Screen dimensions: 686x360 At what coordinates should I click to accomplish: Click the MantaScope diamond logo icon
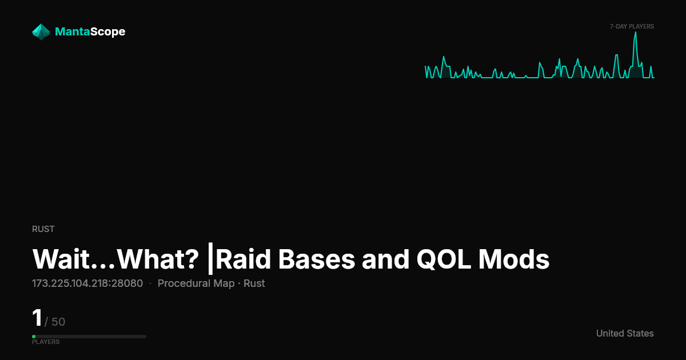41,32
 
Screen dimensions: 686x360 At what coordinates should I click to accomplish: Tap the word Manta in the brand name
72,31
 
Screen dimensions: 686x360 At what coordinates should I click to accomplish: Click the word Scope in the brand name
108,32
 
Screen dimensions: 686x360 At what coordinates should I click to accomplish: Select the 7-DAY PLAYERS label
632,27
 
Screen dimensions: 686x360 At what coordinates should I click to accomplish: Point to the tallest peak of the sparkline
636,32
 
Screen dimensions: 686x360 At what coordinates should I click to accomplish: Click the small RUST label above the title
43,229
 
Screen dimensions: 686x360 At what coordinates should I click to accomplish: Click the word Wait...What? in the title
115,259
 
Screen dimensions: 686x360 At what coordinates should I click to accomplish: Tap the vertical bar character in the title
210,259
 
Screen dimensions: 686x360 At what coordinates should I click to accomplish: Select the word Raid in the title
244,259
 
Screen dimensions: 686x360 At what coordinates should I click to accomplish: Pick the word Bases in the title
317,259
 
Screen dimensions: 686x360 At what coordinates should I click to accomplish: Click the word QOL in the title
444,259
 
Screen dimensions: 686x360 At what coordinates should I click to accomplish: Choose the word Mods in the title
514,259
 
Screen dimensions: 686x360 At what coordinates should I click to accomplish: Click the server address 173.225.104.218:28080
87,283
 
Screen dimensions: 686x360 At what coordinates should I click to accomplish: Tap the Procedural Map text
196,283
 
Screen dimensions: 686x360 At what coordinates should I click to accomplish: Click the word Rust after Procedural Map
254,283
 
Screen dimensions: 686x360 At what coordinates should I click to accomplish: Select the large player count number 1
37,318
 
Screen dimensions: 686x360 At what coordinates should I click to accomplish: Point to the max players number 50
58,322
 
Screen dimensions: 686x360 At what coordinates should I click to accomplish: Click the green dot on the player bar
34,337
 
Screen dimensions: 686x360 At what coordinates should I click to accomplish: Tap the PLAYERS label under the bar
46,342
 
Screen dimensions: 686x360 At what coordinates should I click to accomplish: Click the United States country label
625,333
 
